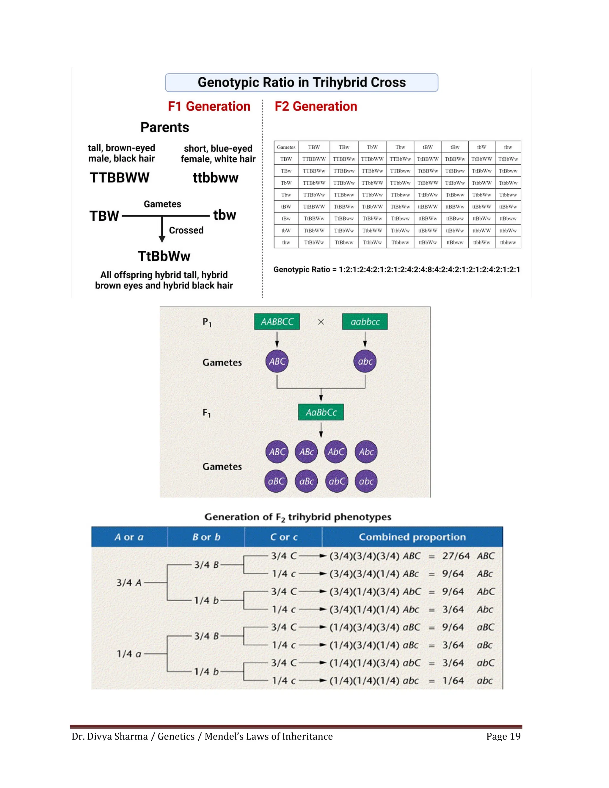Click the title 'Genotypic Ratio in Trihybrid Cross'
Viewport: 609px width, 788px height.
point(302,83)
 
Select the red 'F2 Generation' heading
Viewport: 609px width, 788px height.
point(316,106)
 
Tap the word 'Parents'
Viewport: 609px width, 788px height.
point(164,127)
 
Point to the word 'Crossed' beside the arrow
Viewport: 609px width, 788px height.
point(186,230)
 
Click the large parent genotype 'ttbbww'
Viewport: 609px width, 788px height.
point(215,178)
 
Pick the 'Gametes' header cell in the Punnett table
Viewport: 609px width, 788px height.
point(286,147)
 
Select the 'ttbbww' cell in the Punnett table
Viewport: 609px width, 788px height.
point(508,242)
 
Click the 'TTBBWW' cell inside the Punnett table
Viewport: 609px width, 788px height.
point(314,159)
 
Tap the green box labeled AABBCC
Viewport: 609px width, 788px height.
point(277,321)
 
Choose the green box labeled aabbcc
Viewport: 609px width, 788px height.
point(365,321)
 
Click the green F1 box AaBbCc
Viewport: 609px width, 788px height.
point(321,412)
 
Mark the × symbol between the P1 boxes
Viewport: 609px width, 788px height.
point(321,322)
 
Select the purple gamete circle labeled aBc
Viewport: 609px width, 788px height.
point(306,481)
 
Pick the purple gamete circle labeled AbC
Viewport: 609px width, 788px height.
point(336,452)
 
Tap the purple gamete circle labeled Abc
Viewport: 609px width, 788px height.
point(366,452)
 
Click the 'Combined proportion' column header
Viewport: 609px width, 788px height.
point(412,537)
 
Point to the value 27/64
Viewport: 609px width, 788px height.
point(456,556)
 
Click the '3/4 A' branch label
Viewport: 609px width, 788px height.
point(129,583)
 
